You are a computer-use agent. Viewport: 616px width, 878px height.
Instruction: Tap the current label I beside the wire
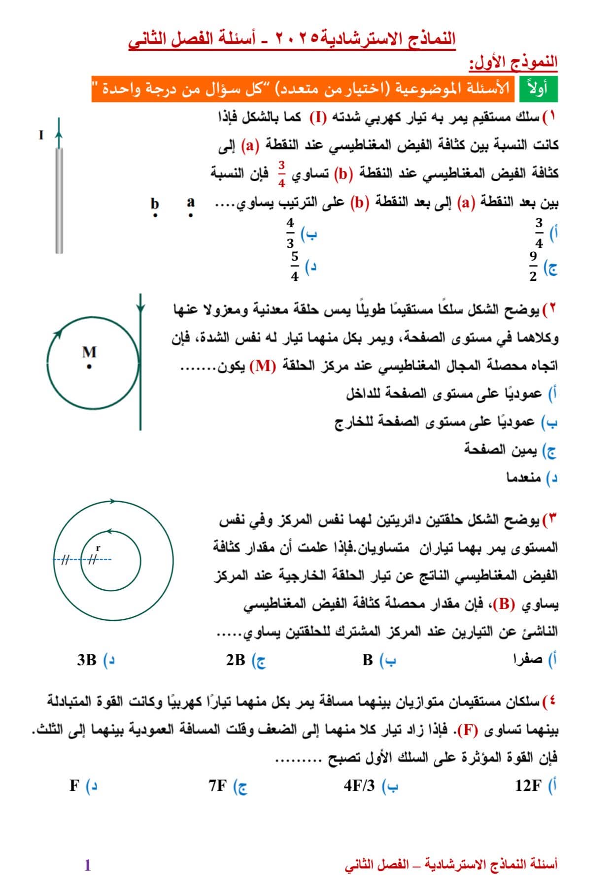pos(41,135)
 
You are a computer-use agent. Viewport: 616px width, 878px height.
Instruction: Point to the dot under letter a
pos(191,215)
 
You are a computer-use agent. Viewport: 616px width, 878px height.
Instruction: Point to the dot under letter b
pos(155,215)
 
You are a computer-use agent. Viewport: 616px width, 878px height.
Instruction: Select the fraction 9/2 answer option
pos(533,267)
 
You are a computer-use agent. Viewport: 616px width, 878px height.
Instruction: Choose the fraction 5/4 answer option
pos(295,266)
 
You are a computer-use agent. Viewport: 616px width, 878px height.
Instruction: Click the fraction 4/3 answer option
pos(290,233)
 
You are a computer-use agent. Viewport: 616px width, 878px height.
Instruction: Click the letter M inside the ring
pos(89,352)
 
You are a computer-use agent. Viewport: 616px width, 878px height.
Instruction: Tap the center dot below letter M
pos(89,367)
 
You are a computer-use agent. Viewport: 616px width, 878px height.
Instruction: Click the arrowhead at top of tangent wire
pos(140,308)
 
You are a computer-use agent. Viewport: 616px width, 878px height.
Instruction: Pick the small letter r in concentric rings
pos(98,547)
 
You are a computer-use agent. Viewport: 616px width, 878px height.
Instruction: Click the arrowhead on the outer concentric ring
pos(113,502)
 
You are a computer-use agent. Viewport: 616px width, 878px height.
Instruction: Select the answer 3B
pos(87,660)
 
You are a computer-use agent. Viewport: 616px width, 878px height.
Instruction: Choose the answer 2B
pos(236,660)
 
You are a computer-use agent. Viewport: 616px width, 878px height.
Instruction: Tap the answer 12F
pos(528,785)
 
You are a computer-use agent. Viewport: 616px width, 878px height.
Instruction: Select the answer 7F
pos(217,785)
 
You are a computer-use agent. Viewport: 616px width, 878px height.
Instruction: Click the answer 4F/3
pos(359,785)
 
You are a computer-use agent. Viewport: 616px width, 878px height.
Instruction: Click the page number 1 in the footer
pos(88,865)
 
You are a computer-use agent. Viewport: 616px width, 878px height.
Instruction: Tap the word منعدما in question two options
pos(524,477)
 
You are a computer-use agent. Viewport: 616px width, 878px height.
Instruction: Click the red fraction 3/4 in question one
pos(281,173)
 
